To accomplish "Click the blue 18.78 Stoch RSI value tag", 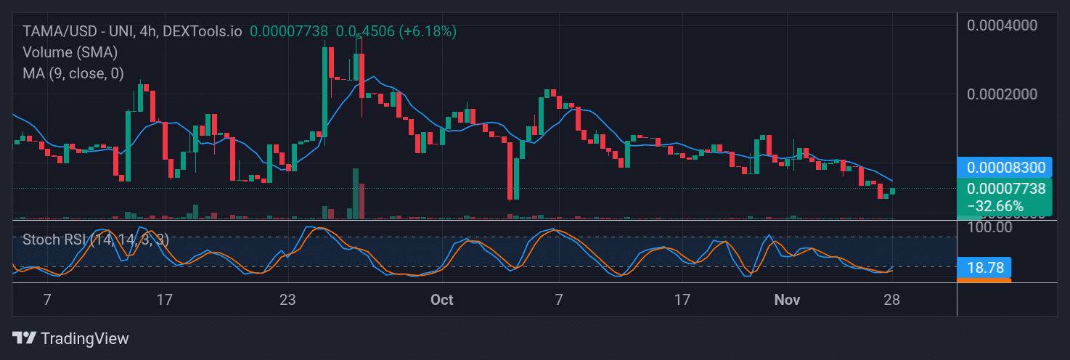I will coord(984,268).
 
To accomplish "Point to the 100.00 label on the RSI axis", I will coord(989,227).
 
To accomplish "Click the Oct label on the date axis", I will coord(441,299).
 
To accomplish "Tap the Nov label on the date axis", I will coord(787,299).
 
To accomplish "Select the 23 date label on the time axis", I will coord(287,299).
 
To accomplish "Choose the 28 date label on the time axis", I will coord(892,299).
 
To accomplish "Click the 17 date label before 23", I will coord(165,299).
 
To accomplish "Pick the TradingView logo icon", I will coord(24,338).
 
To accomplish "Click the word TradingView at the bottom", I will coord(85,338).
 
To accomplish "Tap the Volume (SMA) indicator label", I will coord(70,52).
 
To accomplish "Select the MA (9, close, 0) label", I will coord(73,73).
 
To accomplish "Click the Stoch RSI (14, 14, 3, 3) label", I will coord(95,240).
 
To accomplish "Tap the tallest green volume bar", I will coord(355,193).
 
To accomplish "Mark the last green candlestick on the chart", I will coord(892,191).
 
